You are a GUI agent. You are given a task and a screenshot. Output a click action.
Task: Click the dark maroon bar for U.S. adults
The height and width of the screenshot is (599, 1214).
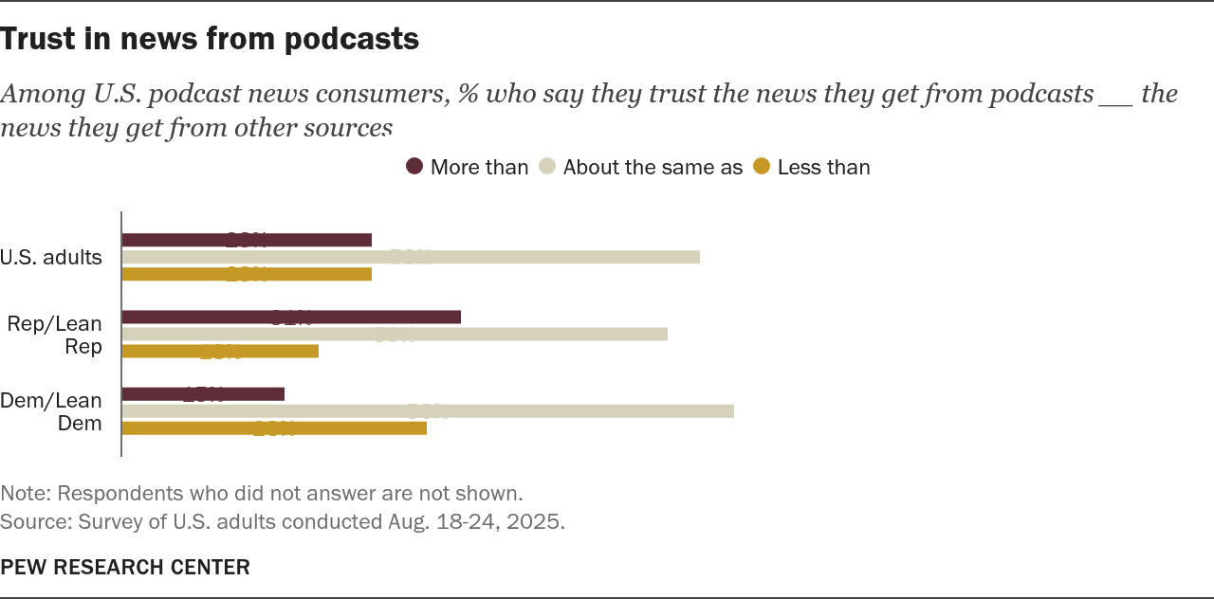coord(247,240)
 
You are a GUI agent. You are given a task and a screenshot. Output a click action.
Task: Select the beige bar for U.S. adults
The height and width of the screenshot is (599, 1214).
coord(411,257)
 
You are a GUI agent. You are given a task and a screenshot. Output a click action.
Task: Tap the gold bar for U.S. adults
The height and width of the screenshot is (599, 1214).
coord(247,274)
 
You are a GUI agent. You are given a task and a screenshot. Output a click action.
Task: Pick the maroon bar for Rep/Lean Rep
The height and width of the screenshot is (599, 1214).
coord(291,317)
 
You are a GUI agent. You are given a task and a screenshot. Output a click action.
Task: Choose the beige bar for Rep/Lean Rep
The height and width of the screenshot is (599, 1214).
coord(395,334)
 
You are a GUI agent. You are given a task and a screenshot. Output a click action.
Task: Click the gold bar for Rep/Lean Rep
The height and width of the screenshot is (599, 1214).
coord(220,352)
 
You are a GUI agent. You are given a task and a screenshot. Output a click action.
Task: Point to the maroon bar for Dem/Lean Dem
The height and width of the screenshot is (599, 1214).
coord(203,394)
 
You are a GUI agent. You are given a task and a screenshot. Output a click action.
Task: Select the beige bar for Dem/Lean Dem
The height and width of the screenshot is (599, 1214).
coord(428,411)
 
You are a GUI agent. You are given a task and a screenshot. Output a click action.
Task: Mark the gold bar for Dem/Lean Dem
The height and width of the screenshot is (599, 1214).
coord(274,428)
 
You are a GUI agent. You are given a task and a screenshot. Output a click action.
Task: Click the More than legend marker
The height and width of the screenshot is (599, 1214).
coord(414,167)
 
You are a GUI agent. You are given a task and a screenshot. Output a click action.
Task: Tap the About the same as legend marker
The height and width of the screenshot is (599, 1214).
coord(547,167)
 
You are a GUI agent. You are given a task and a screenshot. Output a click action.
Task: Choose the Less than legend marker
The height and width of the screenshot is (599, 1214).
coord(762,167)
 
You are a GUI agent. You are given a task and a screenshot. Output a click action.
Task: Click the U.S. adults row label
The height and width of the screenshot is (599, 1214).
coord(51,257)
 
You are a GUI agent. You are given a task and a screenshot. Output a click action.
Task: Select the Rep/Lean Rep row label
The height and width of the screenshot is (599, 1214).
coord(55,335)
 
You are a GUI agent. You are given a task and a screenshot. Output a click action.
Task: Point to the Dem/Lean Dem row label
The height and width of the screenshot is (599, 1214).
coord(51,411)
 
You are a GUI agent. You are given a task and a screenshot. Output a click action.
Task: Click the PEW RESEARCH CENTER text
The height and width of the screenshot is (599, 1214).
coord(125,567)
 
